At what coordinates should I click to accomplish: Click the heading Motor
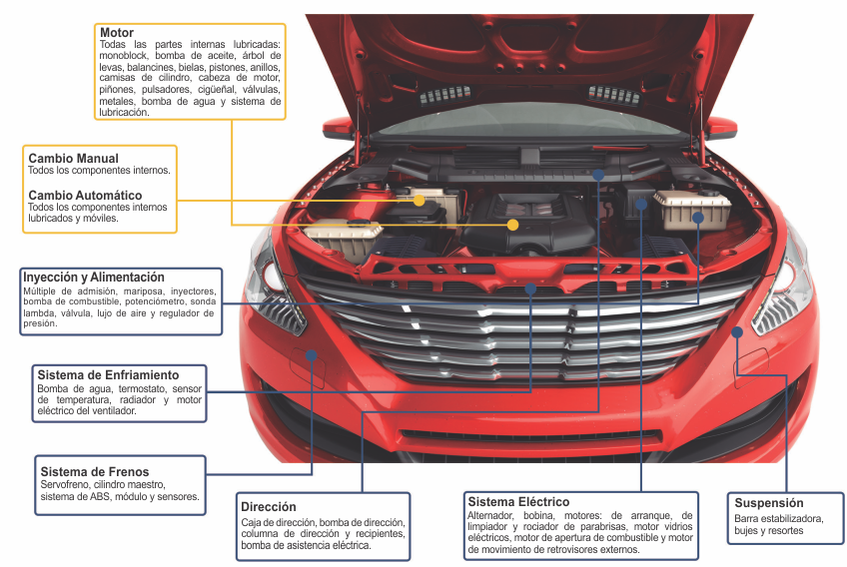point(117,33)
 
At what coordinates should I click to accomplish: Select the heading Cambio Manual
point(73,158)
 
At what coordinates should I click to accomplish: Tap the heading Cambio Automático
point(85,195)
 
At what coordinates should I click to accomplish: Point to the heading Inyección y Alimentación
point(94,277)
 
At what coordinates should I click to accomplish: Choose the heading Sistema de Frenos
point(94,471)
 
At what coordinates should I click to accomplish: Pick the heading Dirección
point(269,506)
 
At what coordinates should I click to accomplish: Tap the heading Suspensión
point(769,502)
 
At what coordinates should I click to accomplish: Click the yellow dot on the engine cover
point(512,225)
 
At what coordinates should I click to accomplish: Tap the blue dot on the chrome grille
point(530,288)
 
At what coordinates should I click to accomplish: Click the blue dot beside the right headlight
point(736,331)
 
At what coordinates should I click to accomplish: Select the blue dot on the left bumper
point(312,354)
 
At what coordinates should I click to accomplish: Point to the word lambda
point(39,312)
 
